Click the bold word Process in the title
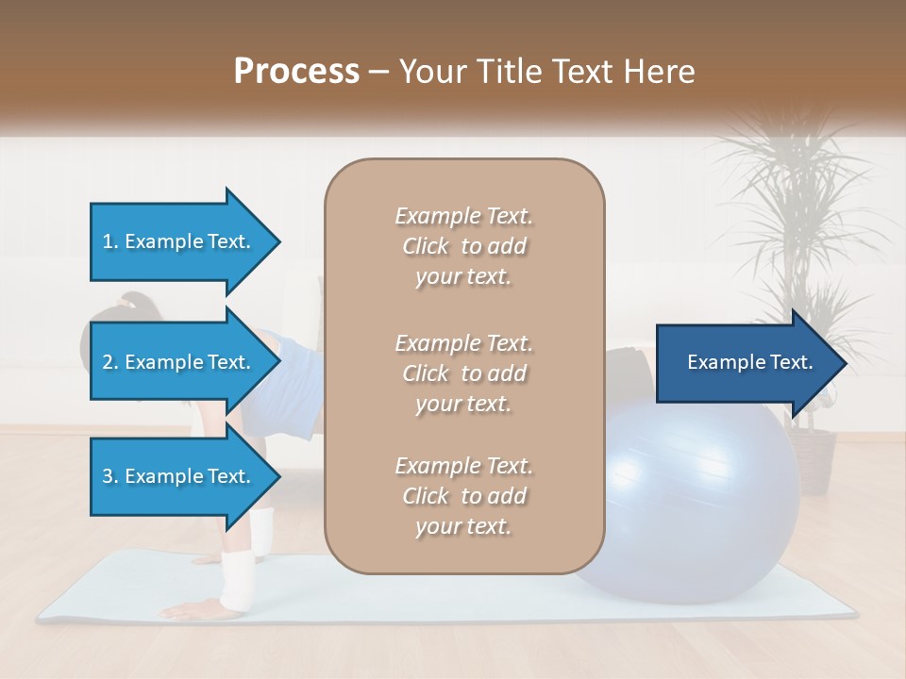(x=296, y=71)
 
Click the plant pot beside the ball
(x=810, y=462)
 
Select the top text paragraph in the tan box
(x=463, y=246)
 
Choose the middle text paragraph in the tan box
(x=463, y=373)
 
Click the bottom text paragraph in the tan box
(x=463, y=496)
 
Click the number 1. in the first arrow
(x=110, y=241)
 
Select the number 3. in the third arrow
(x=110, y=476)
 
